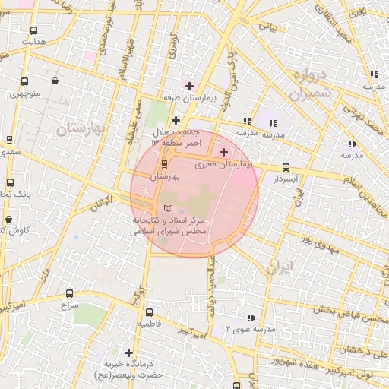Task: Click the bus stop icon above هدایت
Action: pyautogui.click(x=33, y=31)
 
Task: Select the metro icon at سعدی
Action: pyautogui.click(x=8, y=140)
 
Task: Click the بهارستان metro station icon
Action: pyautogui.click(x=165, y=163)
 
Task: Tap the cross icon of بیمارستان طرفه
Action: pyautogui.click(x=189, y=86)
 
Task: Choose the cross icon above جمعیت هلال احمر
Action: pyautogui.click(x=176, y=120)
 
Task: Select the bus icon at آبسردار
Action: pyautogui.click(x=286, y=167)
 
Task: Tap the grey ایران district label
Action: pyautogui.click(x=280, y=267)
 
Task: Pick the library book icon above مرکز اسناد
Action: pyautogui.click(x=169, y=208)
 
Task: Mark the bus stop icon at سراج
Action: pyautogui.click(x=70, y=293)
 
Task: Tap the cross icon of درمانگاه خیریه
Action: pyautogui.click(x=129, y=353)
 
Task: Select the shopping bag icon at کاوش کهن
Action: pyautogui.click(x=9, y=219)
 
